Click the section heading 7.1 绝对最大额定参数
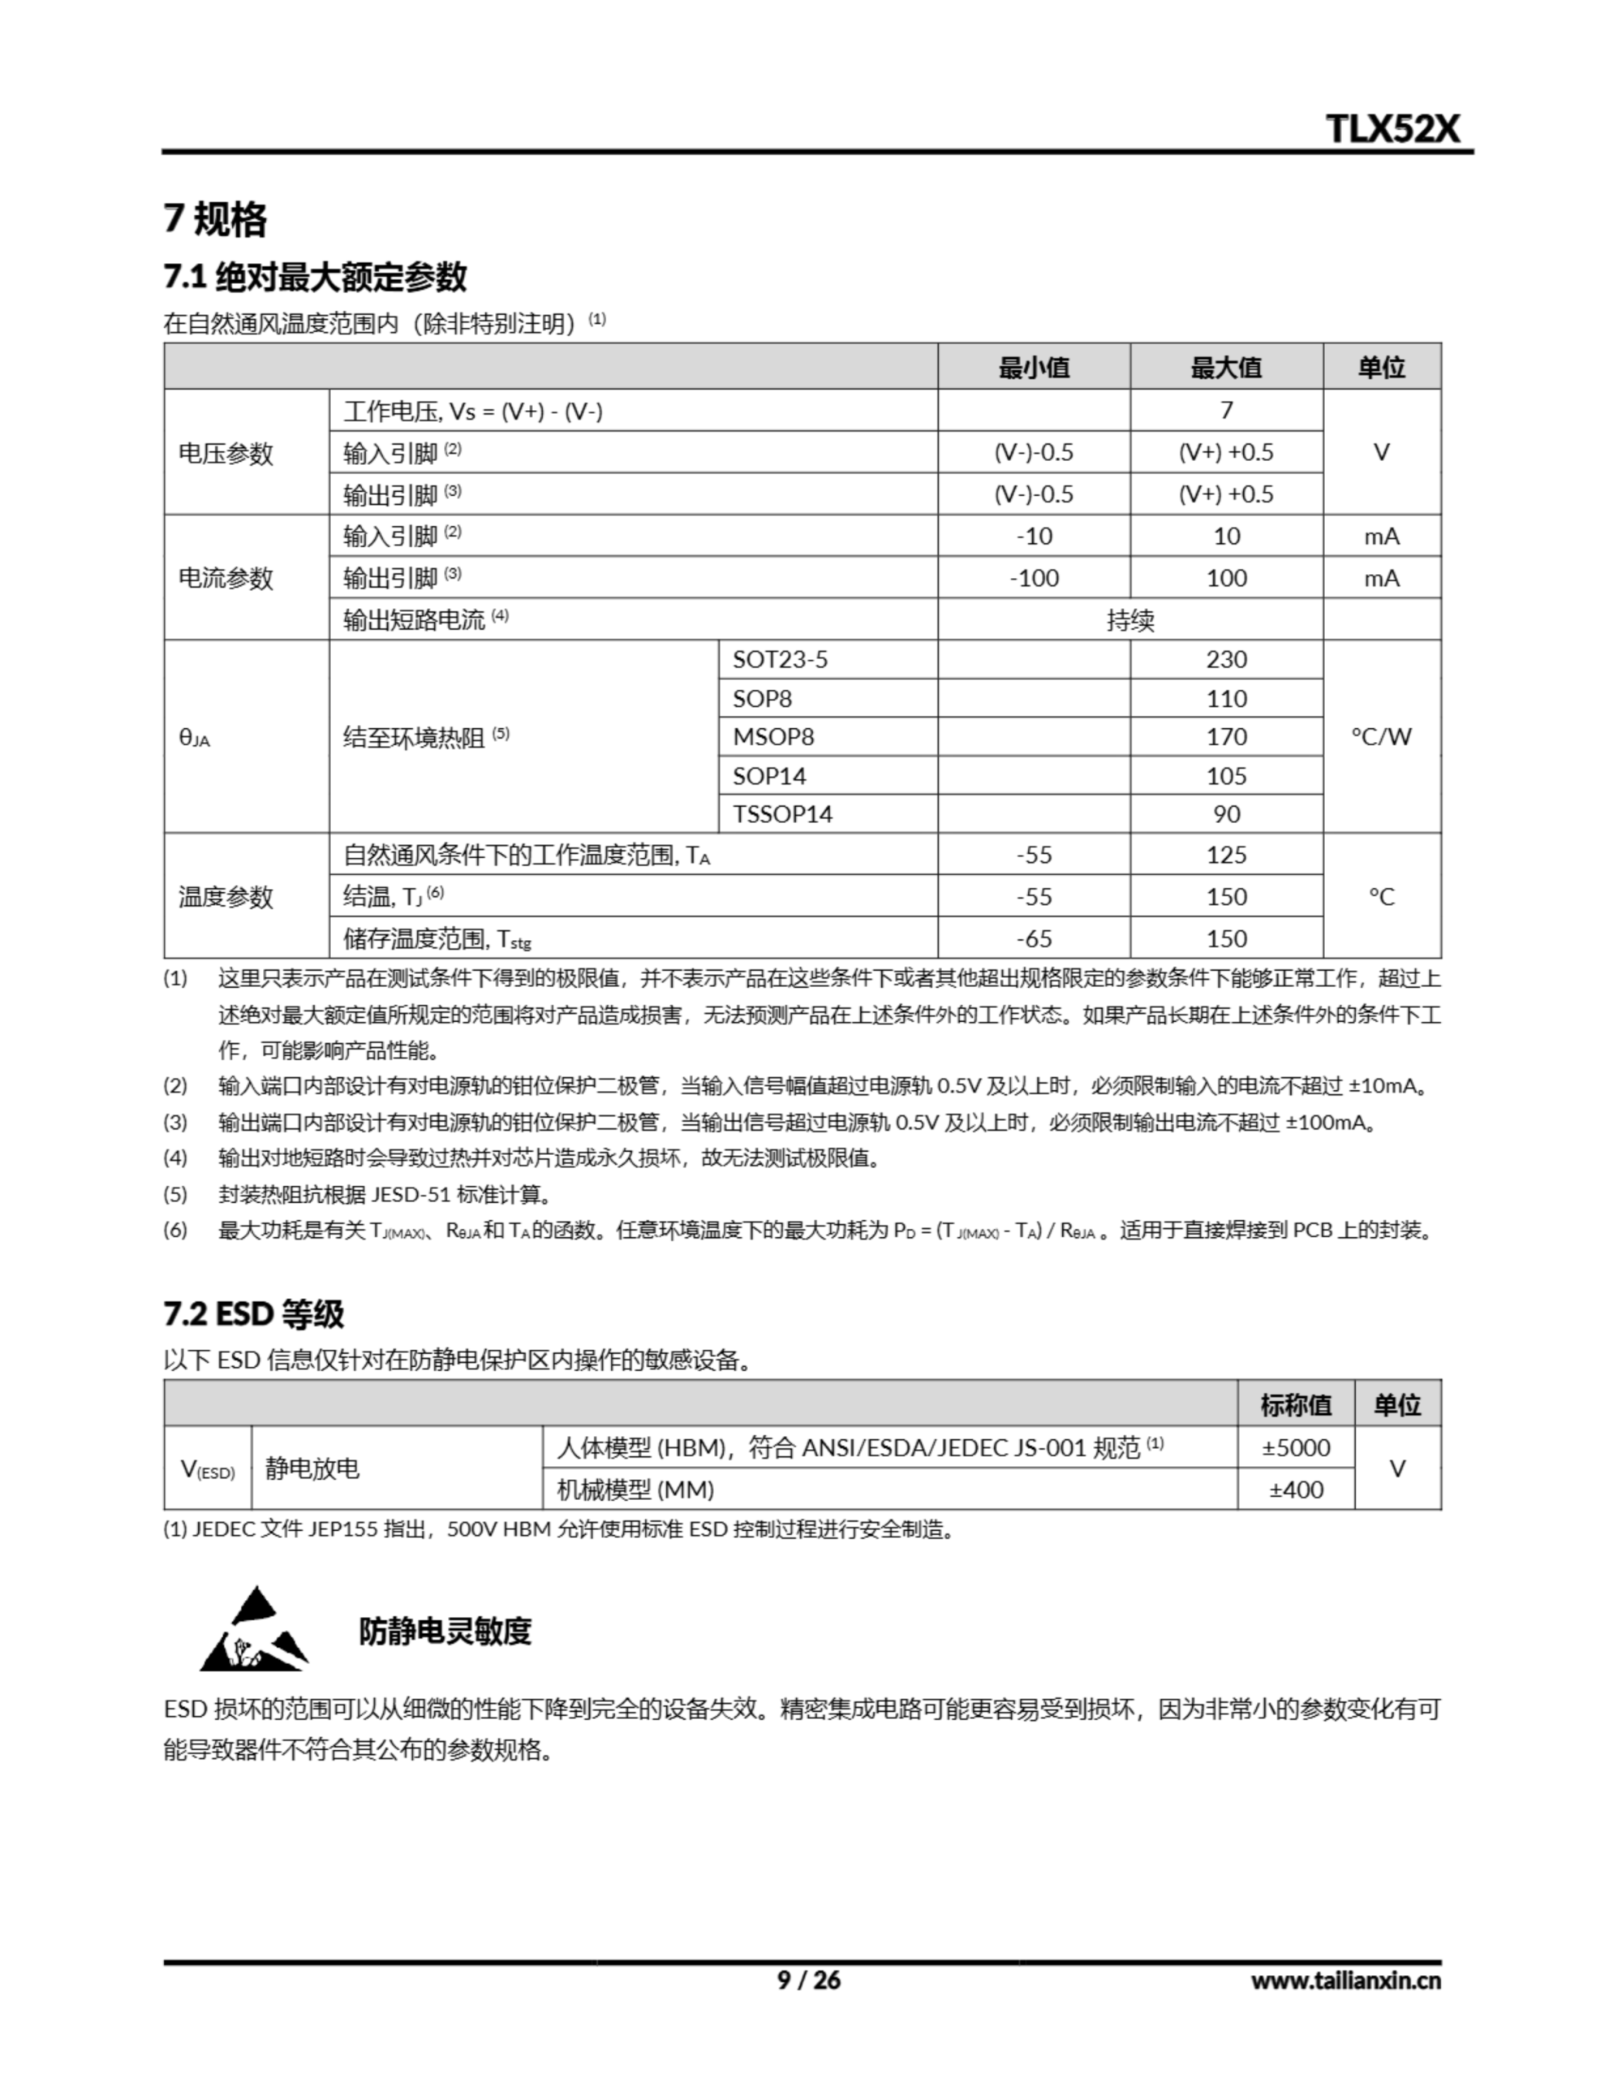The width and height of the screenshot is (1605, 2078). pos(315,277)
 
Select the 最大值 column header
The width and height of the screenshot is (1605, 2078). pos(1225,367)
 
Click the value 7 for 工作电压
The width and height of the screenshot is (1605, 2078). pos(1226,410)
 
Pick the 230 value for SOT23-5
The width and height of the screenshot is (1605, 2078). pos(1226,659)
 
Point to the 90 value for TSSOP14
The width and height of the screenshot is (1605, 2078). pos(1226,814)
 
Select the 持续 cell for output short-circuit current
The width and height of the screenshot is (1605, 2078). pos(1130,620)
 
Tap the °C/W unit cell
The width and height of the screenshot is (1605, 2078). pos(1380,736)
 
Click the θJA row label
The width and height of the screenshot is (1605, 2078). pos(195,737)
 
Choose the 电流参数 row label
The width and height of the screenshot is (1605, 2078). pos(226,579)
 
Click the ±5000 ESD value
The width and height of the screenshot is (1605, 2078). pos(1296,1448)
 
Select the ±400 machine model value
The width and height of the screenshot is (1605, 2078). pos(1296,1490)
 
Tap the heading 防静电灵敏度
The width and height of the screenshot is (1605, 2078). pos(445,1632)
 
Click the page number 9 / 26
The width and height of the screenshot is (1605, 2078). pos(809,1980)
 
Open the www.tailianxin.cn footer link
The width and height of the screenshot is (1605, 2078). pos(1345,1981)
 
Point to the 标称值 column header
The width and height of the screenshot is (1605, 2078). pos(1296,1405)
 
